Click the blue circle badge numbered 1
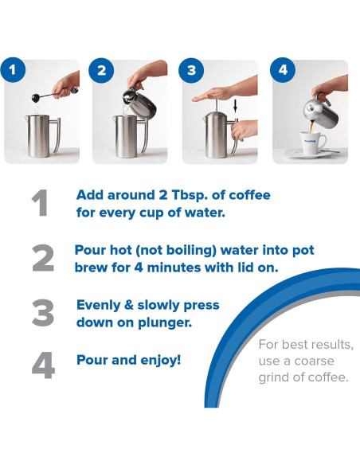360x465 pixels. [x=12, y=70]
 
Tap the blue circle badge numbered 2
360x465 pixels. [x=101, y=70]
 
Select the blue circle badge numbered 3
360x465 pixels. [x=192, y=70]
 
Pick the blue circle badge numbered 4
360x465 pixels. [x=281, y=70]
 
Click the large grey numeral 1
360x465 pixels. [x=41, y=204]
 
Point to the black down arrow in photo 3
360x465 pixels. [x=234, y=104]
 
